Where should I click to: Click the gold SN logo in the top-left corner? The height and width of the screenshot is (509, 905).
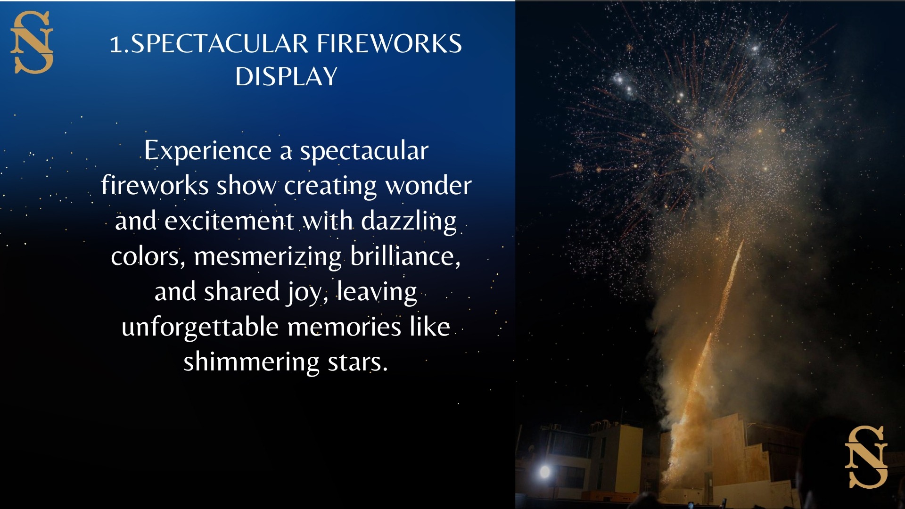[32, 42]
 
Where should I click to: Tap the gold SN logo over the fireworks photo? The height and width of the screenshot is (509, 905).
[866, 457]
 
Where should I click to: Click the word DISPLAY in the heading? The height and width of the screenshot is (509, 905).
[287, 76]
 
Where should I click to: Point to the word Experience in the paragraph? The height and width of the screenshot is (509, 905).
[208, 151]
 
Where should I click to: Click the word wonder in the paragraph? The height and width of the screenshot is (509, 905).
[428, 185]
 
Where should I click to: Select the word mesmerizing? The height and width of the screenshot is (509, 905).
[268, 257]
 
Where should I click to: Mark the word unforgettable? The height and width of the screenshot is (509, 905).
[200, 327]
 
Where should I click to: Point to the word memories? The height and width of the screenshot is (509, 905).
[345, 327]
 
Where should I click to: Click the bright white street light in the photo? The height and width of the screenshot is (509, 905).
[545, 471]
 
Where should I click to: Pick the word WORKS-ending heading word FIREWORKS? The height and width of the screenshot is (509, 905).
[389, 44]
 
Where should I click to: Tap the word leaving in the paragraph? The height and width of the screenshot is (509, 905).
[377, 292]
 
